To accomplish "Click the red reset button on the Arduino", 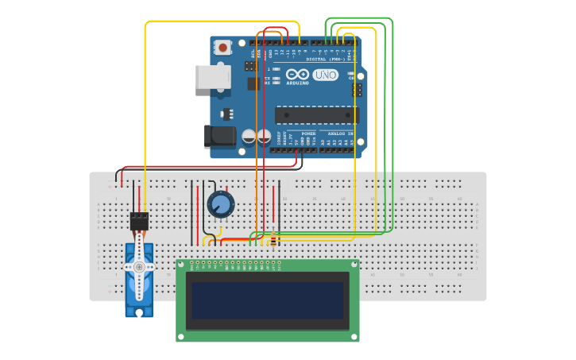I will (222, 48).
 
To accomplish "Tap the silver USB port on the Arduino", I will (213, 77).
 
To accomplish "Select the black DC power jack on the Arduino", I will (220, 137).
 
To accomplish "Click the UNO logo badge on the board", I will (325, 75).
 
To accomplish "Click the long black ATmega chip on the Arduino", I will (316, 115).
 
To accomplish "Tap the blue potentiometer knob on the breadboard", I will (221, 204).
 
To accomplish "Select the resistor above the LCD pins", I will (275, 240).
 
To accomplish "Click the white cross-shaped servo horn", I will (139, 268).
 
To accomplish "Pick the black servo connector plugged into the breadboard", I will (139, 220).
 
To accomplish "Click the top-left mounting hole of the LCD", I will (181, 264).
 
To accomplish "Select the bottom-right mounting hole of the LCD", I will (354, 337).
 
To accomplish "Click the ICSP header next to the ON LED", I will (358, 90).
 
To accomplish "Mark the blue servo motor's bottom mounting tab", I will (139, 312).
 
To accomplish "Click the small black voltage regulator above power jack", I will (227, 112).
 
